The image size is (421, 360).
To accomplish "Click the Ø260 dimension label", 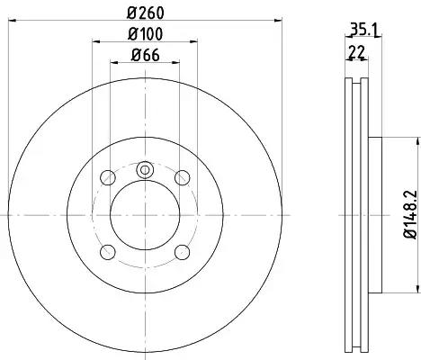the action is (146, 13).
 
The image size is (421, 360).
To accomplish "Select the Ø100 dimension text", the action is (146, 33).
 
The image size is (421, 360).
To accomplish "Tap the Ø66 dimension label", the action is (145, 55).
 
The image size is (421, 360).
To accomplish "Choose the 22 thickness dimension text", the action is (356, 52).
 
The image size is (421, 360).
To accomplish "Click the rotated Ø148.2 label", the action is (410, 214).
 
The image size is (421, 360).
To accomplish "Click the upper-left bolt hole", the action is (108, 177).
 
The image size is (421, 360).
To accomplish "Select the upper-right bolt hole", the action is (183, 177).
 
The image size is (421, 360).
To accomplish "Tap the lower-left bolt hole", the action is (108, 252).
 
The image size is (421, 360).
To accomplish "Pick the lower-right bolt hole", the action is (183, 252).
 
